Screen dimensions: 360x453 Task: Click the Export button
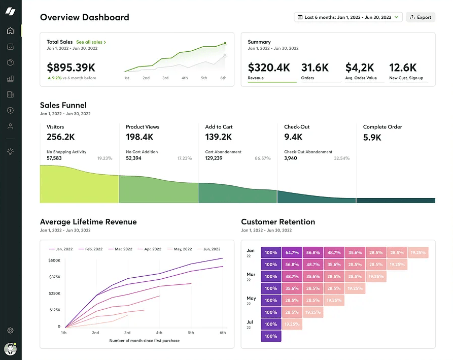click(421, 17)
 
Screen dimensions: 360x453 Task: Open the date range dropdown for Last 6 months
click(348, 17)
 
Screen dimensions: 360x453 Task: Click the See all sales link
click(91, 42)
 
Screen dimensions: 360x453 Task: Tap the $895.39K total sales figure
click(71, 67)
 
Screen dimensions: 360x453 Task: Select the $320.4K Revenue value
click(269, 67)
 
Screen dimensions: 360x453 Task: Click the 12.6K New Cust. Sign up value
click(403, 67)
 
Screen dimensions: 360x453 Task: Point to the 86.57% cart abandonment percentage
click(263, 158)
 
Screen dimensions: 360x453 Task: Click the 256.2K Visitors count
click(61, 137)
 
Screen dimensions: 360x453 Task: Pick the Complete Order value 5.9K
click(373, 137)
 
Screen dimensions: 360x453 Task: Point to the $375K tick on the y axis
click(54, 277)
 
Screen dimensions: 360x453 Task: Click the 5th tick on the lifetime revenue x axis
click(191, 333)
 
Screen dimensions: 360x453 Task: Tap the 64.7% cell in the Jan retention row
click(292, 252)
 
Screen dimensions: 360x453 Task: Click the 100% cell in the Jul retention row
click(271, 336)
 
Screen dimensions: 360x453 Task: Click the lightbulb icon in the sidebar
click(10, 151)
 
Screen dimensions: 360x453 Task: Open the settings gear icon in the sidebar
click(10, 331)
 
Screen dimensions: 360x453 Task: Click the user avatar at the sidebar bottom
click(10, 349)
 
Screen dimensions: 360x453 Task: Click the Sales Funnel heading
click(63, 106)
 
